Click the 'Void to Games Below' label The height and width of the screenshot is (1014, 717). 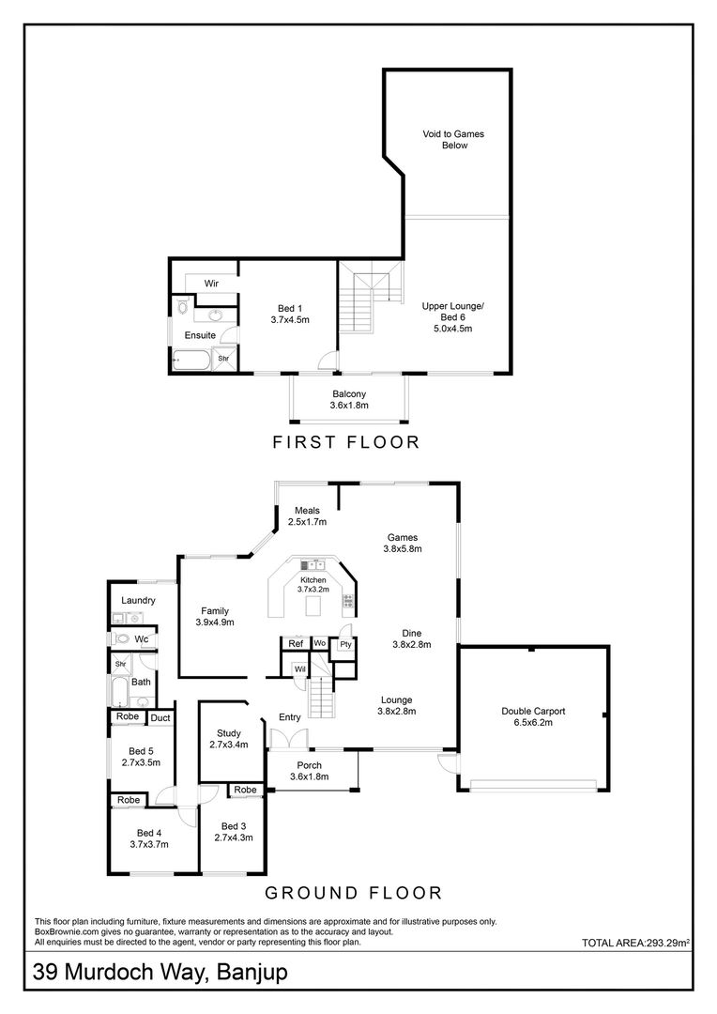click(454, 140)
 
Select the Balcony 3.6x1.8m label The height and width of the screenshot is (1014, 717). click(348, 400)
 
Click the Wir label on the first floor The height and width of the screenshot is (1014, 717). click(211, 283)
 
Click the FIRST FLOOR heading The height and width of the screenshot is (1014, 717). click(345, 442)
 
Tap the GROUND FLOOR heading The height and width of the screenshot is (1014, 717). click(354, 893)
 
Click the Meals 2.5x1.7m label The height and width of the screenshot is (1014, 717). click(307, 516)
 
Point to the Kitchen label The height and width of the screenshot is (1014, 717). click(313, 585)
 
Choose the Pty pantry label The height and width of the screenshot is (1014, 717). click(344, 644)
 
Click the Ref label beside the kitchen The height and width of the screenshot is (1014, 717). click(296, 644)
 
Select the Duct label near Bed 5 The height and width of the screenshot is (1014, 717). click(160, 718)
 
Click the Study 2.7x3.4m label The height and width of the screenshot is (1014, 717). click(229, 739)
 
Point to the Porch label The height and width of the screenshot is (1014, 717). click(309, 771)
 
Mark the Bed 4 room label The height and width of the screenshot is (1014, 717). click(149, 838)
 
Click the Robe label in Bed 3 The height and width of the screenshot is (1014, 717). click(246, 791)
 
